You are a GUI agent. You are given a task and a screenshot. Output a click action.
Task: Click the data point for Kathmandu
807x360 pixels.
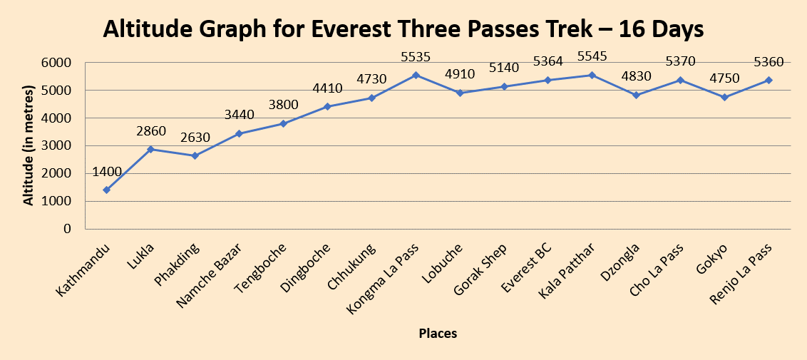coord(106,190)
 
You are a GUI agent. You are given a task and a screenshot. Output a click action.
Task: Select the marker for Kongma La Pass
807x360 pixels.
coord(416,75)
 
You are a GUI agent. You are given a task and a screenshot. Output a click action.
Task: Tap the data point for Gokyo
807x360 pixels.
coord(725,97)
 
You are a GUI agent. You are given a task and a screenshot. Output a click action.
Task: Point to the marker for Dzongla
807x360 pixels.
coord(637,95)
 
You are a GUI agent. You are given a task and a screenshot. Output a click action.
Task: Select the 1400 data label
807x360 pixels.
coord(107,171)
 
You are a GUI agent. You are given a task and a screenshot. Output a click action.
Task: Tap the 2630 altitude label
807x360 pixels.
coord(195,137)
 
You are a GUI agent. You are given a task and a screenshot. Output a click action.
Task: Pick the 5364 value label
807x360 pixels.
coord(548,61)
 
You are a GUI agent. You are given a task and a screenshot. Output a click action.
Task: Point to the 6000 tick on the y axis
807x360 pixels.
coord(58,63)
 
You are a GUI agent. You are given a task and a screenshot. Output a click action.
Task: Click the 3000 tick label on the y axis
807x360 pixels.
coord(58,146)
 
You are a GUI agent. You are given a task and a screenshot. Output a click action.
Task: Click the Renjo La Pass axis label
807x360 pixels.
coord(746,275)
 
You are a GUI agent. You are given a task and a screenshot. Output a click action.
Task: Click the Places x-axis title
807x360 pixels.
coord(438,333)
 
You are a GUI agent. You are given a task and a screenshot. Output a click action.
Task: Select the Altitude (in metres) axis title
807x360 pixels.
coord(29,145)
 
